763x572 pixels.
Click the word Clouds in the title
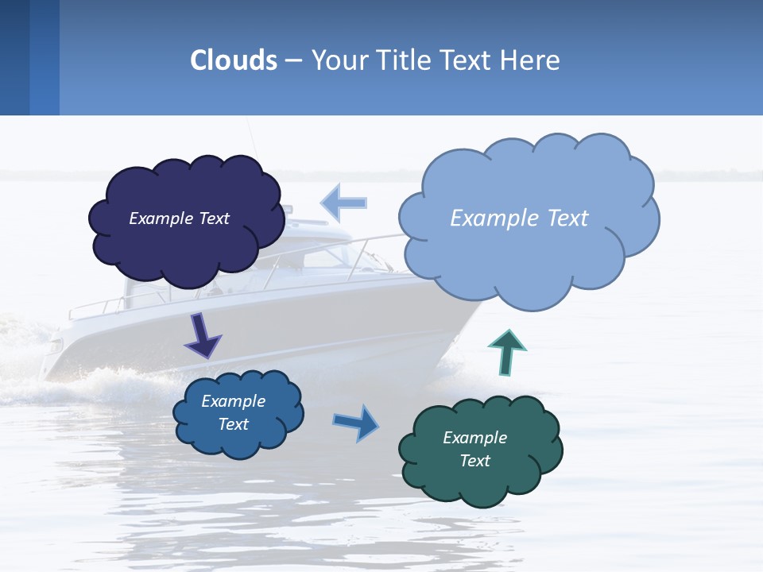point(234,60)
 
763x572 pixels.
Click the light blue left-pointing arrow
point(343,203)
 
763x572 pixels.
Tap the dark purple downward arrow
point(203,337)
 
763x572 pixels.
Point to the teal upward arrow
point(506,352)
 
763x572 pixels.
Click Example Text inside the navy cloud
point(179,218)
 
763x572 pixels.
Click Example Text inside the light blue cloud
point(519,218)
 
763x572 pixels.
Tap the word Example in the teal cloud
point(474,438)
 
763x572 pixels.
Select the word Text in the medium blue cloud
point(233,424)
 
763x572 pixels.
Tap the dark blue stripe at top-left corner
point(14,57)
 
